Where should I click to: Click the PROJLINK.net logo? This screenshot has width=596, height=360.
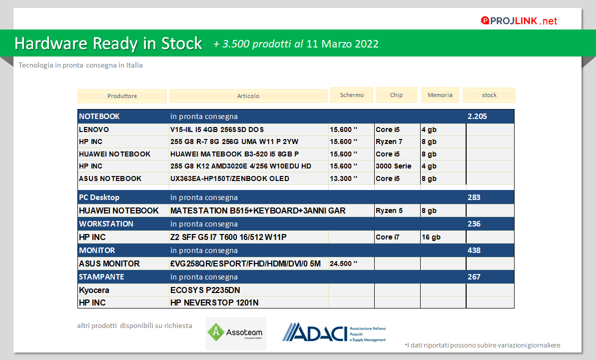[519, 20]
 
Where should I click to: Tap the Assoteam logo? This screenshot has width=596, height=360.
[236, 333]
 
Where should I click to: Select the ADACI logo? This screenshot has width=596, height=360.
[334, 332]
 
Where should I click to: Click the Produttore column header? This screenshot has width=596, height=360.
[122, 96]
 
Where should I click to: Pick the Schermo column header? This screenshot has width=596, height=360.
[352, 95]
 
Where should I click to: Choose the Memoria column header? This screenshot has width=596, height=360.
[440, 95]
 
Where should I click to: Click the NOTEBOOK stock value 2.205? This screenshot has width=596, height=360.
[477, 116]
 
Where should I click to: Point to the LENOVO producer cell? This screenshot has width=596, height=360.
[94, 130]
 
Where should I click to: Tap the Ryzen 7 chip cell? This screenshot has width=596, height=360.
[389, 142]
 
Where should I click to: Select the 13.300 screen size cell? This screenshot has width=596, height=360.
[344, 178]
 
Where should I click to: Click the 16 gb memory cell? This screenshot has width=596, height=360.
[431, 237]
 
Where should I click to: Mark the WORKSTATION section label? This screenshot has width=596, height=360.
[106, 224]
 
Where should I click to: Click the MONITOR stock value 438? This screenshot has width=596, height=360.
[474, 250]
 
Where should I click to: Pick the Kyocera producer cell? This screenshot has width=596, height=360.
[94, 290]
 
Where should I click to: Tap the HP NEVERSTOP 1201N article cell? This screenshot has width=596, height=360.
[214, 302]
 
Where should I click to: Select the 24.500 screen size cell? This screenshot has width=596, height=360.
[344, 263]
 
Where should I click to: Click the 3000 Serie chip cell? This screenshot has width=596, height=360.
[393, 166]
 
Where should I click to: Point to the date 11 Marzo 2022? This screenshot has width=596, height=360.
[342, 44]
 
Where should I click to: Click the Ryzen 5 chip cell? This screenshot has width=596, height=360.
[389, 211]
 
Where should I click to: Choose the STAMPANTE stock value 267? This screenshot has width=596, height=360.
[474, 277]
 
